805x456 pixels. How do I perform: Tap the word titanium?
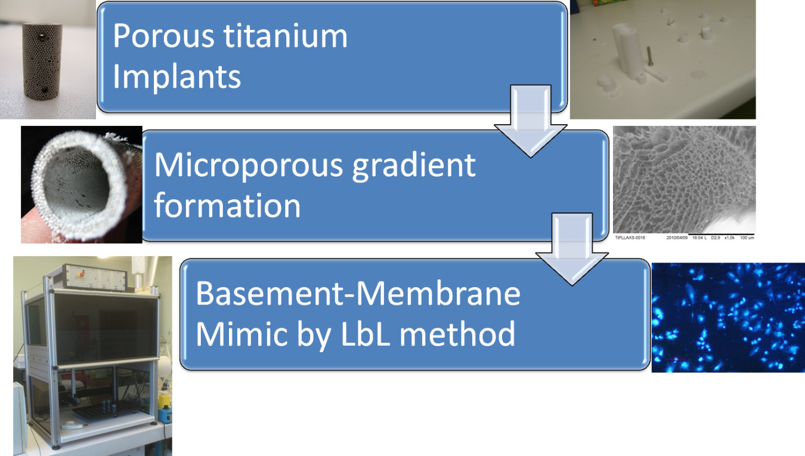coord(286,36)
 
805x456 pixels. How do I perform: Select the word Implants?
coord(177,76)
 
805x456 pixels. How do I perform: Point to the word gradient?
coord(414,165)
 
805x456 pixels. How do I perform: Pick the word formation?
coord(227,205)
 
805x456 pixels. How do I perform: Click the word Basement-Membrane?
coord(358,294)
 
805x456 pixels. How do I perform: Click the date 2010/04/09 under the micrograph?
coord(677,238)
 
